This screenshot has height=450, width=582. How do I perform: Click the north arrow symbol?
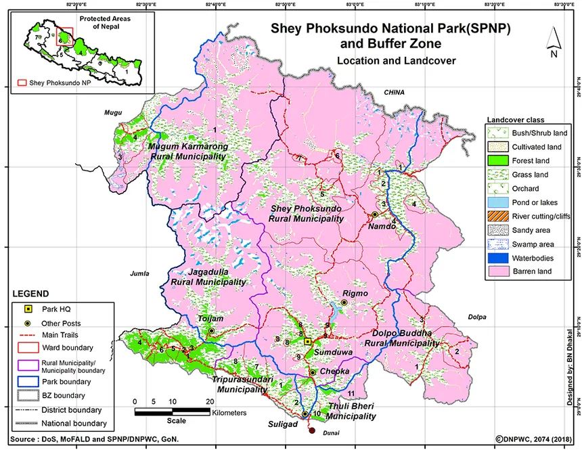[554, 42]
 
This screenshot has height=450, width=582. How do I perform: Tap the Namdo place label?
[380, 227]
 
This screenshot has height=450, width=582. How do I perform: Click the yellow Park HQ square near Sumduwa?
[307, 342]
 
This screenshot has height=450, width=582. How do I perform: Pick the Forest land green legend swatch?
[497, 161]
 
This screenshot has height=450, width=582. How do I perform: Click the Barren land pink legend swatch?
[497, 272]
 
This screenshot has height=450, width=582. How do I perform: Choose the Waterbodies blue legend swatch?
[497, 258]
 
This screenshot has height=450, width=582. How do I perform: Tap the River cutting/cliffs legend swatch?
[497, 217]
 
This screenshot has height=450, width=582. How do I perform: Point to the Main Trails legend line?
[26, 334]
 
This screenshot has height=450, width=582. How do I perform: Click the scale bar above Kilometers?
[172, 411]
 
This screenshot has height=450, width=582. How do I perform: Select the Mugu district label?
[112, 114]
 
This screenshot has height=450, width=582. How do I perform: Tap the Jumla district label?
[138, 274]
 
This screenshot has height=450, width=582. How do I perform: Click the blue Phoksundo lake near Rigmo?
[336, 312]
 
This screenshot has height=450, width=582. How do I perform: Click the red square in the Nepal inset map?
[64, 36]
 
